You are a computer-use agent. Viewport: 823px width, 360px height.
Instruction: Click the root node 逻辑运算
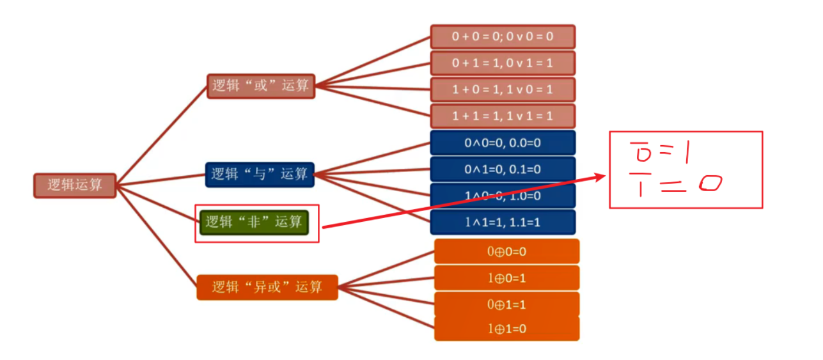(x=74, y=185)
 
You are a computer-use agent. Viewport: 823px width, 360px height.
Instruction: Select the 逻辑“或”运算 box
(x=261, y=86)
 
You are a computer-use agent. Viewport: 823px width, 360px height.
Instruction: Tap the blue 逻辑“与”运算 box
(x=260, y=174)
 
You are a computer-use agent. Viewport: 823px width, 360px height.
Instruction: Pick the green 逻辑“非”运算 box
(x=254, y=223)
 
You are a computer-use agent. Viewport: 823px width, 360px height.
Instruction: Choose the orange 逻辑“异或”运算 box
(x=267, y=287)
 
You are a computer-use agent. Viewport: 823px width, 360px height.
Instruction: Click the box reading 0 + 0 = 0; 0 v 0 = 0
(x=502, y=36)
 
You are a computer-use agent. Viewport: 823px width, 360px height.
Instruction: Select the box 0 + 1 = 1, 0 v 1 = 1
(x=502, y=63)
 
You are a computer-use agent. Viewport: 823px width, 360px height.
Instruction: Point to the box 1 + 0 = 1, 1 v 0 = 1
(x=502, y=90)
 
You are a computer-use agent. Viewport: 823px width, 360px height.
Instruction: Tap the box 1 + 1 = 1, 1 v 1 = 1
(x=502, y=116)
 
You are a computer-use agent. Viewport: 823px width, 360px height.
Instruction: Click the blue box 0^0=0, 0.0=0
(x=503, y=143)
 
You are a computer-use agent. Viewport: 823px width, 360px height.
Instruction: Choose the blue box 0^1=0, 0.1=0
(x=503, y=169)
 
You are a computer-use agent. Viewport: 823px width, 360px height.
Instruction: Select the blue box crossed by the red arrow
(x=503, y=196)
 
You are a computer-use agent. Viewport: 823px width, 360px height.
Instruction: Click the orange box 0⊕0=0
(x=506, y=251)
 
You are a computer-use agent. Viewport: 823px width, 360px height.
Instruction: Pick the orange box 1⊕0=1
(x=506, y=278)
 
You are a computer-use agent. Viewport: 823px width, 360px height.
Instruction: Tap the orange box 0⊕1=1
(x=506, y=304)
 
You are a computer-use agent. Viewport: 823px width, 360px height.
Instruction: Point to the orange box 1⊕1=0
(x=506, y=329)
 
